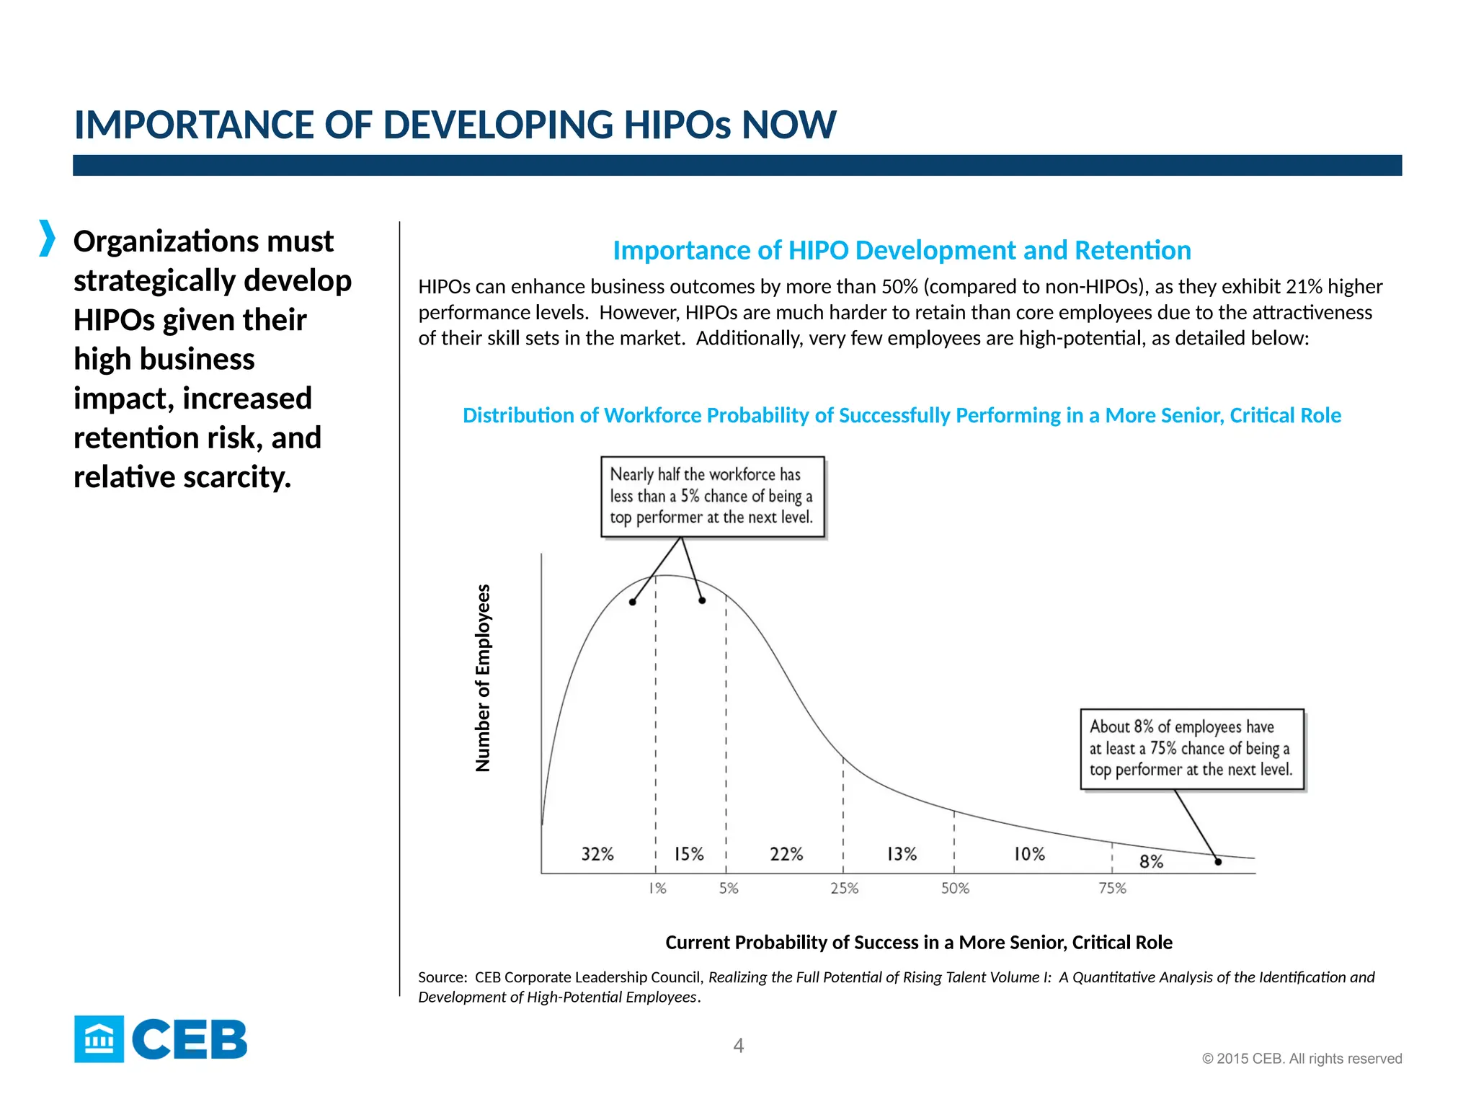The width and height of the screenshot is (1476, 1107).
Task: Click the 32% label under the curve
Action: pyautogui.click(x=597, y=854)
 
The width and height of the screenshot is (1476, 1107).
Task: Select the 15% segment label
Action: pyautogui.click(x=689, y=854)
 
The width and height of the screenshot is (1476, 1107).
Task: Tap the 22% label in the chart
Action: pyautogui.click(x=786, y=854)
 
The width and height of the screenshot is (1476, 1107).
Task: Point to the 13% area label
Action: pyautogui.click(x=902, y=854)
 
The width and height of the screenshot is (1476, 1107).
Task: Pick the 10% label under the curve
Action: pyautogui.click(x=1029, y=854)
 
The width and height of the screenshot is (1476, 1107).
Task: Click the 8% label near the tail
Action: pyautogui.click(x=1151, y=861)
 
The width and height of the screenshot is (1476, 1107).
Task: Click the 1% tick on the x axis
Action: pyautogui.click(x=657, y=889)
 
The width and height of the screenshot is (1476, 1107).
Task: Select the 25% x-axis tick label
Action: pyautogui.click(x=844, y=889)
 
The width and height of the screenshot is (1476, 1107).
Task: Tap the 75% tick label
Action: pyautogui.click(x=1112, y=889)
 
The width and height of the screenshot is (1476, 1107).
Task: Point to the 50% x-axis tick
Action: pyautogui.click(x=955, y=889)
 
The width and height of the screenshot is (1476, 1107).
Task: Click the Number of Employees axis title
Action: pyautogui.click(x=483, y=677)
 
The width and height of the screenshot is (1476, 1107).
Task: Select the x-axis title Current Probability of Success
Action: pyautogui.click(x=918, y=942)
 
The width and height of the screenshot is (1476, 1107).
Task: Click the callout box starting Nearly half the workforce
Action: pyautogui.click(x=712, y=497)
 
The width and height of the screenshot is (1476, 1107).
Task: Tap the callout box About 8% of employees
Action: pyautogui.click(x=1191, y=749)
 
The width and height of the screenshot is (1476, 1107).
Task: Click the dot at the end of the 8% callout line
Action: pyautogui.click(x=1218, y=861)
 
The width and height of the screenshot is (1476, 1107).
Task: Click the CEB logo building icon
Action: pyautogui.click(x=99, y=1039)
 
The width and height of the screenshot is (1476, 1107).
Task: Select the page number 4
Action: pyautogui.click(x=738, y=1046)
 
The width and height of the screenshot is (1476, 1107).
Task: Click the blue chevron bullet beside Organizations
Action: pyautogui.click(x=47, y=239)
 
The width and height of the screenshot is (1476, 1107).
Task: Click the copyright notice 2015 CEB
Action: pyautogui.click(x=1302, y=1059)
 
